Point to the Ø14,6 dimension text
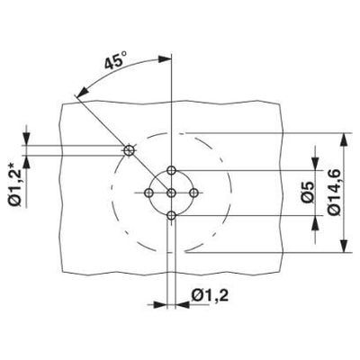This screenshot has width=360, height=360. pos(335,191)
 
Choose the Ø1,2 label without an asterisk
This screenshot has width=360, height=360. pos(211,293)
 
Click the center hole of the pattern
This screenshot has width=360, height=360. pos(171,192)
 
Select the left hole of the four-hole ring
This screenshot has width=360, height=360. pos(150,192)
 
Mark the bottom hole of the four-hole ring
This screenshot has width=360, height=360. pos(171,213)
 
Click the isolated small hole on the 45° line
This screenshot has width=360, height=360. pos(130,149)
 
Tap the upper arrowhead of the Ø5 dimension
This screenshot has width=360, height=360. pos(314,163)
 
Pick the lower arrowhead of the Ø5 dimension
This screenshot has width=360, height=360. pos(314,220)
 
